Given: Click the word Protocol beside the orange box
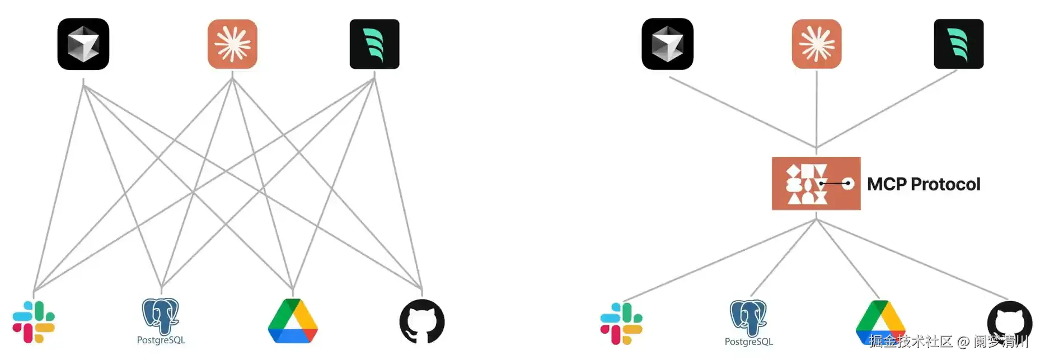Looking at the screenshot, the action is [x=945, y=184].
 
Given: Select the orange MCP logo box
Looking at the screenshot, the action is [x=816, y=184].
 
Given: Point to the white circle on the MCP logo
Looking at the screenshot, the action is [x=848, y=184].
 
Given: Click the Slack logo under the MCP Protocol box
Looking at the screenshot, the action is [x=621, y=324].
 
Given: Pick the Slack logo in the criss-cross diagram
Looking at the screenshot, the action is [x=34, y=322].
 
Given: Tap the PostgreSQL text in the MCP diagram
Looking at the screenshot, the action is [x=748, y=342].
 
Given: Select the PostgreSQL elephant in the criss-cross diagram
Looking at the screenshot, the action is [x=161, y=316].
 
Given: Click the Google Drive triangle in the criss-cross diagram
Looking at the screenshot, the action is [x=293, y=321].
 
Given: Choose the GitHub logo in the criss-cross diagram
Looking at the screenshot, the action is [x=422, y=321].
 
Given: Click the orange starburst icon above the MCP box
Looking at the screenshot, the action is [x=817, y=44].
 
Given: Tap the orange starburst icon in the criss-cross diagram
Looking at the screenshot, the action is [x=232, y=44].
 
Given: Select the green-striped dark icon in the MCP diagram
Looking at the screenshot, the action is [x=959, y=44].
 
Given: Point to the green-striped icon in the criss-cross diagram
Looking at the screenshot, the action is [x=374, y=44].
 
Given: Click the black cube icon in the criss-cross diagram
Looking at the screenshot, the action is [x=83, y=44].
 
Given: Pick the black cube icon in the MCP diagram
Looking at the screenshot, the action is [x=668, y=44].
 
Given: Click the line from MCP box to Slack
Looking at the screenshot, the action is [x=720, y=260].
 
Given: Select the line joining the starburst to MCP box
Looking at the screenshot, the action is [x=817, y=110].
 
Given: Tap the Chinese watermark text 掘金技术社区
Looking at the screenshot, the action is [x=911, y=341].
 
